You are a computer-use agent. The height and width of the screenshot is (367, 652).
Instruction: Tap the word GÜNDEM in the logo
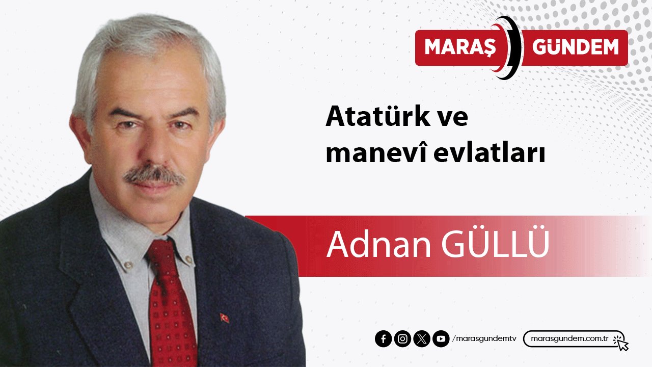(x=576, y=47)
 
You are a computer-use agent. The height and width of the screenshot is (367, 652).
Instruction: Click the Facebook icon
(x=383, y=339)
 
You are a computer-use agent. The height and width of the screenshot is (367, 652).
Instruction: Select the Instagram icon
(x=402, y=339)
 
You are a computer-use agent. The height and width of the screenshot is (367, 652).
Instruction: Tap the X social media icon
(x=422, y=339)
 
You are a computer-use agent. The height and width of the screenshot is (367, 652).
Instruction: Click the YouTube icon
(x=441, y=339)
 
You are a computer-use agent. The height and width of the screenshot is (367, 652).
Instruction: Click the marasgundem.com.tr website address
(x=570, y=339)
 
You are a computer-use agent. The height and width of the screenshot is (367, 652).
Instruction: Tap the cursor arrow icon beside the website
(x=621, y=343)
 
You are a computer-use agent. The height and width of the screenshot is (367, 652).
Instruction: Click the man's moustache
(x=154, y=175)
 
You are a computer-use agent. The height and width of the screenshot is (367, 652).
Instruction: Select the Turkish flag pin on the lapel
(x=224, y=318)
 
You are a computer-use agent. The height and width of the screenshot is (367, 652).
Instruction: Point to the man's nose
(x=153, y=148)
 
